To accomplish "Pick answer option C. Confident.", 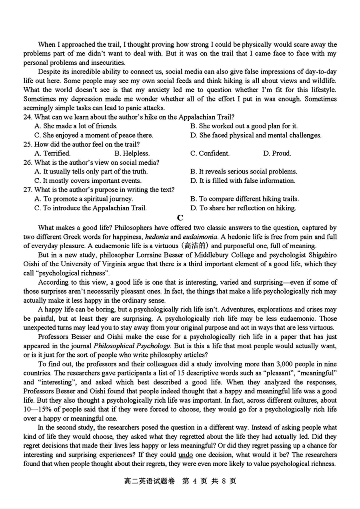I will pos(210,153).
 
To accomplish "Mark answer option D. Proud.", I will pos(277,153).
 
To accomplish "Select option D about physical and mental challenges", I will pos(256,135).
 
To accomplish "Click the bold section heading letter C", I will pos(180,218).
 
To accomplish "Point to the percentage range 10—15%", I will pos(40,409).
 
